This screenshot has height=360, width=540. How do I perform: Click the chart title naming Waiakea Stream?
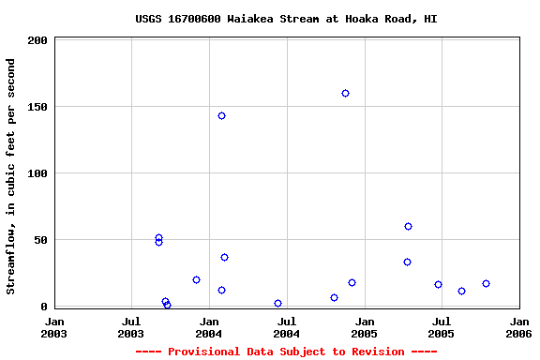pos(286,19)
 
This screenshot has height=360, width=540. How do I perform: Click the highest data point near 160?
pos(345,94)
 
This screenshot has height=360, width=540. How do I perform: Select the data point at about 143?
pos(221,116)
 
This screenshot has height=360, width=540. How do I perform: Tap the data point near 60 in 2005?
pos(408,227)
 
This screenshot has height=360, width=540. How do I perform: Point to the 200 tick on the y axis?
pos(38,41)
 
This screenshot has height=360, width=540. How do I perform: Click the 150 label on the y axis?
pos(38,108)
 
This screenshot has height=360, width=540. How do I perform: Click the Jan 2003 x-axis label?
pos(54,327)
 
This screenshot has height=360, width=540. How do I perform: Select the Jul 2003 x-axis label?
pos(131,327)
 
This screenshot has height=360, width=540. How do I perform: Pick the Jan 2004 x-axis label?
pos(209,327)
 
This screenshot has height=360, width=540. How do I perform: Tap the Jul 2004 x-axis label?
pos(286,327)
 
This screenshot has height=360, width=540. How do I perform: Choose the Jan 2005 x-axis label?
pos(364,327)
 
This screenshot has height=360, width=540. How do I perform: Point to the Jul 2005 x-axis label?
pos(441,327)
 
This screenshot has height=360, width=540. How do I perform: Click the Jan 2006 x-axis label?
pos(518,327)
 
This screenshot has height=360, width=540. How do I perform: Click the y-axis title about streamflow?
pos(11,176)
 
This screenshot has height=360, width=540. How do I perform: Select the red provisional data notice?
pos(286,352)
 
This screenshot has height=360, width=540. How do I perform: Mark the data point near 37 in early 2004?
pos(224,258)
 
